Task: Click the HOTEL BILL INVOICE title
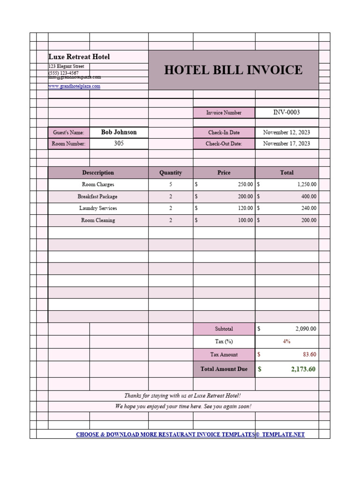pyautogui.click(x=233, y=70)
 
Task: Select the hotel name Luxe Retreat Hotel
pyautogui.click(x=79, y=57)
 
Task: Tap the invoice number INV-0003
pyautogui.click(x=286, y=112)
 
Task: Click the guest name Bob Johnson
pyautogui.click(x=119, y=132)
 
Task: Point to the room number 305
pyautogui.click(x=119, y=143)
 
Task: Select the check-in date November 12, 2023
pyautogui.click(x=286, y=133)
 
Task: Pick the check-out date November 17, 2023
pyautogui.click(x=286, y=144)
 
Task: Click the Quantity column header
pyautogui.click(x=171, y=172)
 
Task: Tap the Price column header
pyautogui.click(x=224, y=172)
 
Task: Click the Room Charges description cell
pyautogui.click(x=98, y=185)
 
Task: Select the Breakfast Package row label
pyautogui.click(x=97, y=197)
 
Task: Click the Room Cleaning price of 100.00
pyautogui.click(x=245, y=220)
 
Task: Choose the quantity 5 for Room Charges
pyautogui.click(x=171, y=185)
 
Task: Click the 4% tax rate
pyautogui.click(x=286, y=342)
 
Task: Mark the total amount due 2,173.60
pyautogui.click(x=303, y=369)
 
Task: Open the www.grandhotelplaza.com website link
pyautogui.click(x=75, y=87)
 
